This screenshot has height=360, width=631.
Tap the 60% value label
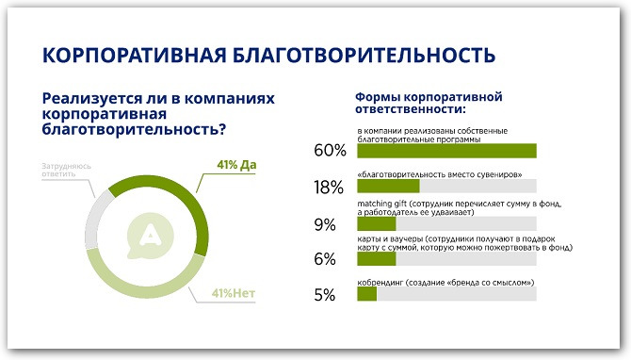click(x=330, y=151)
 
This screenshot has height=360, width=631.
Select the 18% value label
click(x=330, y=187)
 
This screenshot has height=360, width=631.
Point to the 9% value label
click(x=325, y=224)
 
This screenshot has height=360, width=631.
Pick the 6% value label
click(x=325, y=259)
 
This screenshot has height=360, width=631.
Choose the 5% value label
click(x=325, y=295)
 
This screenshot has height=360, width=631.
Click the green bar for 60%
click(x=446, y=151)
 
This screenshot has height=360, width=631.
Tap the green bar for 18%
click(x=388, y=187)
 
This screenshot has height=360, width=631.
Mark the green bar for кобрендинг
click(x=367, y=295)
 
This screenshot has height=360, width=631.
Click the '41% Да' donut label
click(x=236, y=166)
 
